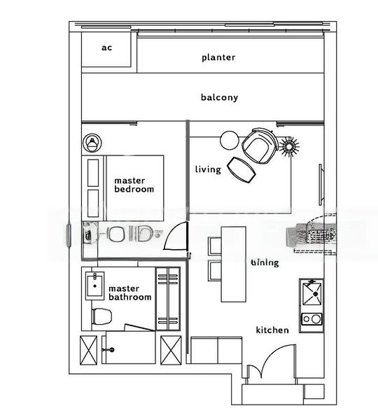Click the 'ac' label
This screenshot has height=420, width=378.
point(106,48)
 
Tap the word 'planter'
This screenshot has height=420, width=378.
point(218,57)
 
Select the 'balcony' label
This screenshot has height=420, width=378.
point(219,97)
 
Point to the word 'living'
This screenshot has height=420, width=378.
point(208,169)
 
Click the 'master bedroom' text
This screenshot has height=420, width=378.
point(134,185)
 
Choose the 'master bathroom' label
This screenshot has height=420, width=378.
point(129,293)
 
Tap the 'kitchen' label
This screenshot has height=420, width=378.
point(272,330)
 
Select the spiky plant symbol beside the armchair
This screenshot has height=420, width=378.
point(288,146)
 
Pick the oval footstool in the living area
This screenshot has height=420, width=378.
point(242,169)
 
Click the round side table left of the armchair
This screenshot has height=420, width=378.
point(230,141)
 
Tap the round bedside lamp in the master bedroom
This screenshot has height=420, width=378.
point(92,143)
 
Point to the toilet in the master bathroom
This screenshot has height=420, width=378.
point(101,314)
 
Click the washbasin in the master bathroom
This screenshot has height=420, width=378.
point(94,286)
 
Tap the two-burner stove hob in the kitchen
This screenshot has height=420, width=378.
point(311,321)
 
